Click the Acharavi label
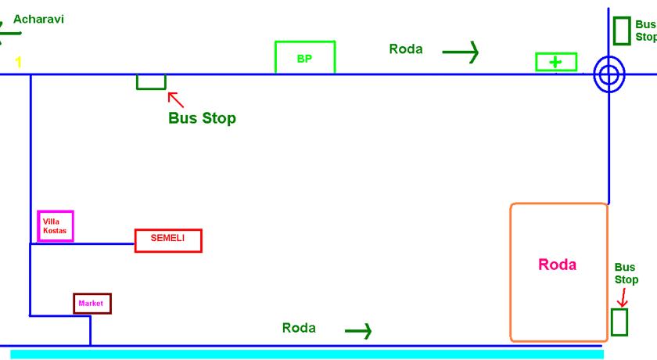[38, 20]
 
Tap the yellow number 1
[19, 62]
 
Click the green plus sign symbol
[555, 63]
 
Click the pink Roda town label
[557, 265]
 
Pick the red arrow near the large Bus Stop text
[175, 99]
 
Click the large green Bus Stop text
[202, 118]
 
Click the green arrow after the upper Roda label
[461, 52]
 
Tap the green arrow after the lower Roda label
[358, 331]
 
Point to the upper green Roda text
[406, 49]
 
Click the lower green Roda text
[299, 328]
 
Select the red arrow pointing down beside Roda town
[623, 297]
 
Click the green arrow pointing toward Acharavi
[9, 33]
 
